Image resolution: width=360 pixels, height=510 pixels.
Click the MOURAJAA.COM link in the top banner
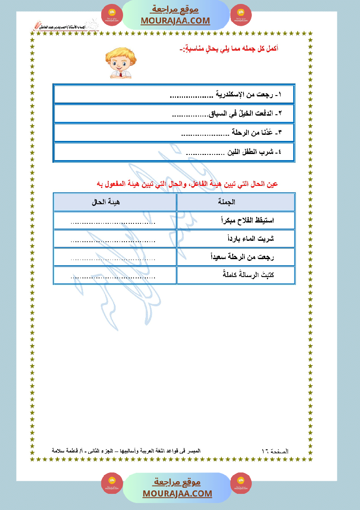click(175, 21)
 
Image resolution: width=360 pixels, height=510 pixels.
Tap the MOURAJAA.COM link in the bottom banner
click(177, 493)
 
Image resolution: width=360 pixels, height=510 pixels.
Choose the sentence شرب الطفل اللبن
click(234, 152)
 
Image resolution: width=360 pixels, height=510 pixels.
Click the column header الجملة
click(226, 202)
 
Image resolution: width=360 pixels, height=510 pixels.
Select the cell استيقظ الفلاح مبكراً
click(247, 220)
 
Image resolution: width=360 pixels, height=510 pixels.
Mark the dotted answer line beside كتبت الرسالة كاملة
click(113, 277)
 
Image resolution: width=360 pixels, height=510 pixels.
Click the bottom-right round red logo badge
click(241, 483)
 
